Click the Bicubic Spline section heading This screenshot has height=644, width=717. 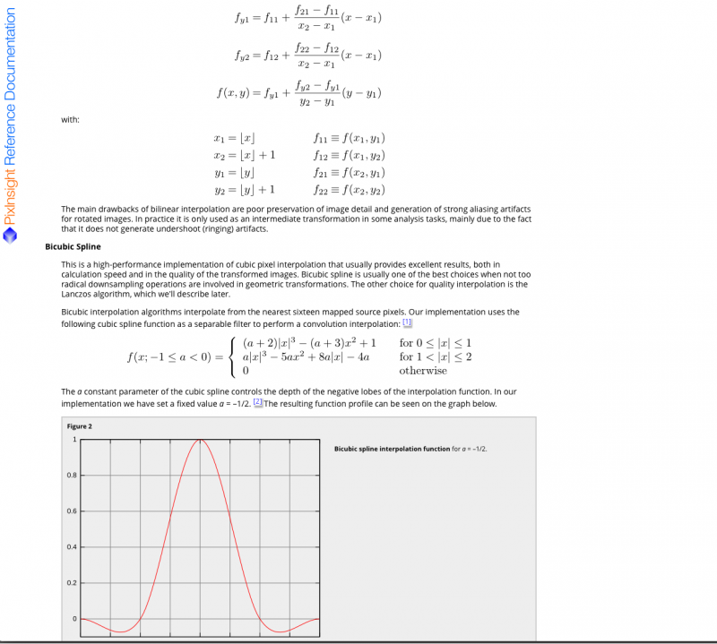pos(73,246)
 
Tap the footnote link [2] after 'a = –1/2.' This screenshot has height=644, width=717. pos(258,403)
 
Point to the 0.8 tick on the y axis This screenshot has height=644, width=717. pos(73,475)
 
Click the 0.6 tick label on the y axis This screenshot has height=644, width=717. pos(73,511)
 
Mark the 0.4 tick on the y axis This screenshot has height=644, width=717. pos(73,546)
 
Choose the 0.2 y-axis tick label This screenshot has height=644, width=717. pos(73,583)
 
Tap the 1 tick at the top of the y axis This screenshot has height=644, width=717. pos(74,439)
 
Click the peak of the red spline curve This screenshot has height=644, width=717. pos(200,440)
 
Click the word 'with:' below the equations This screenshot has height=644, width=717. pos(70,120)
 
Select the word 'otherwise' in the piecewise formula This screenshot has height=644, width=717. pos(423,371)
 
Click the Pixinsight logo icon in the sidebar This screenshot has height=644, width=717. pos(10,236)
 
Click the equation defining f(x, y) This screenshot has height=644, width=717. pos(299,92)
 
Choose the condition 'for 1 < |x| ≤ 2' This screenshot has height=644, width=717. pos(436,357)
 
